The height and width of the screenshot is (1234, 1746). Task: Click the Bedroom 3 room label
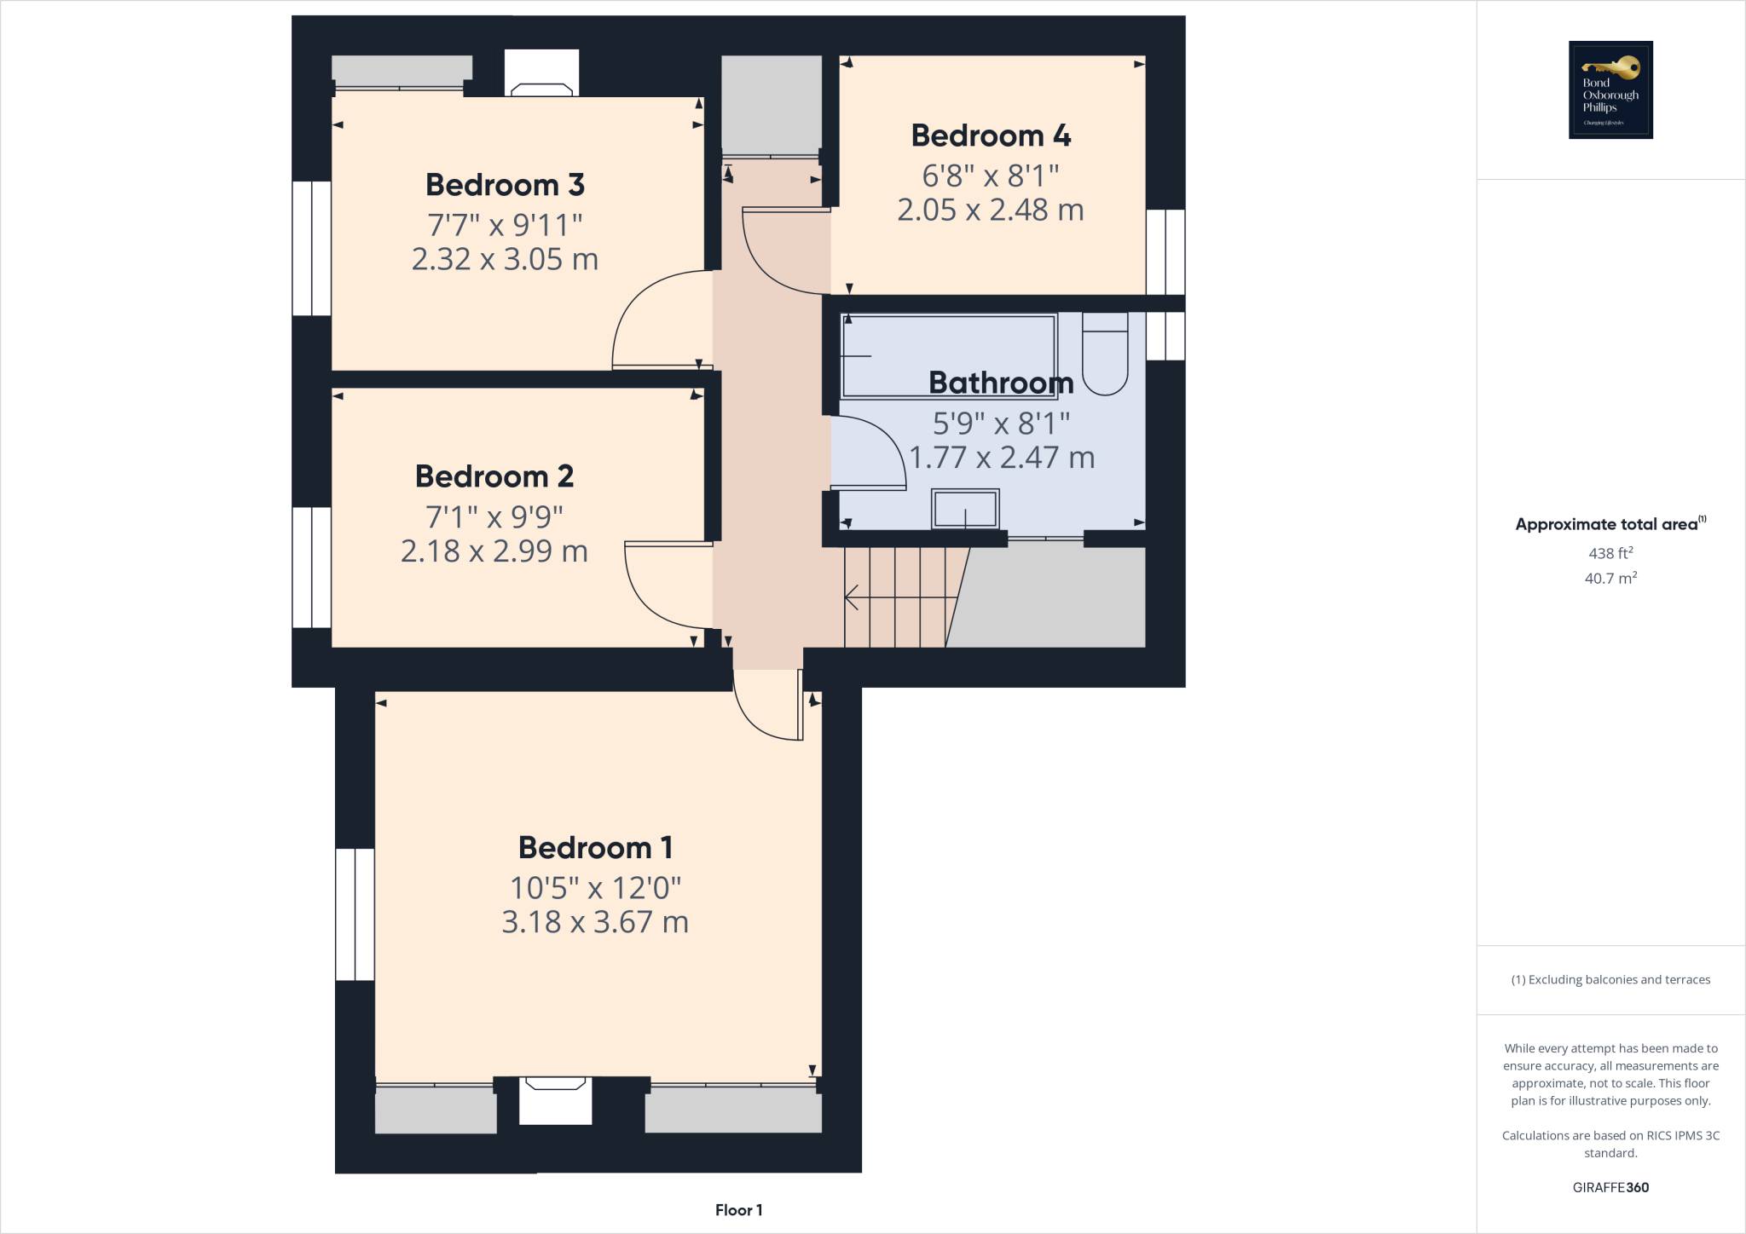coord(505,185)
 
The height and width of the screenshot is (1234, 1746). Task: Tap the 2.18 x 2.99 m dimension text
coord(494,551)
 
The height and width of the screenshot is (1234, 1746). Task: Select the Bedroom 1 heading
coord(595,848)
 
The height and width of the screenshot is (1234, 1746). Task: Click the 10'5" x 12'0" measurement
coord(595,888)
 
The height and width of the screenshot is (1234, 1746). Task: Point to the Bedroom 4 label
coord(991,136)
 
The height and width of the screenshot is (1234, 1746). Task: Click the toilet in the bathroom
coord(1105,354)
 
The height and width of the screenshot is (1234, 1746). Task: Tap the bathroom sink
coord(965,510)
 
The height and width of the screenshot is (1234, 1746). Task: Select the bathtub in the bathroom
coord(948,356)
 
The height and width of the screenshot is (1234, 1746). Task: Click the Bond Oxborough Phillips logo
coord(1610,89)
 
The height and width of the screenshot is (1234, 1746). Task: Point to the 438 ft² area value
coord(1610,553)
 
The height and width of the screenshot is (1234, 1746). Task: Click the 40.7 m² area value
coord(1610,579)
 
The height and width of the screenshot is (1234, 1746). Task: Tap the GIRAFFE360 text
coord(1610,1187)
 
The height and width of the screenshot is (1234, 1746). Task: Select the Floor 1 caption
coord(738,1210)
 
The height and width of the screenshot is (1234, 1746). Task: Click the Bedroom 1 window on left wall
coord(355,914)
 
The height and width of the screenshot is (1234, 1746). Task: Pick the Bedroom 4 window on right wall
coord(1165,252)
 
